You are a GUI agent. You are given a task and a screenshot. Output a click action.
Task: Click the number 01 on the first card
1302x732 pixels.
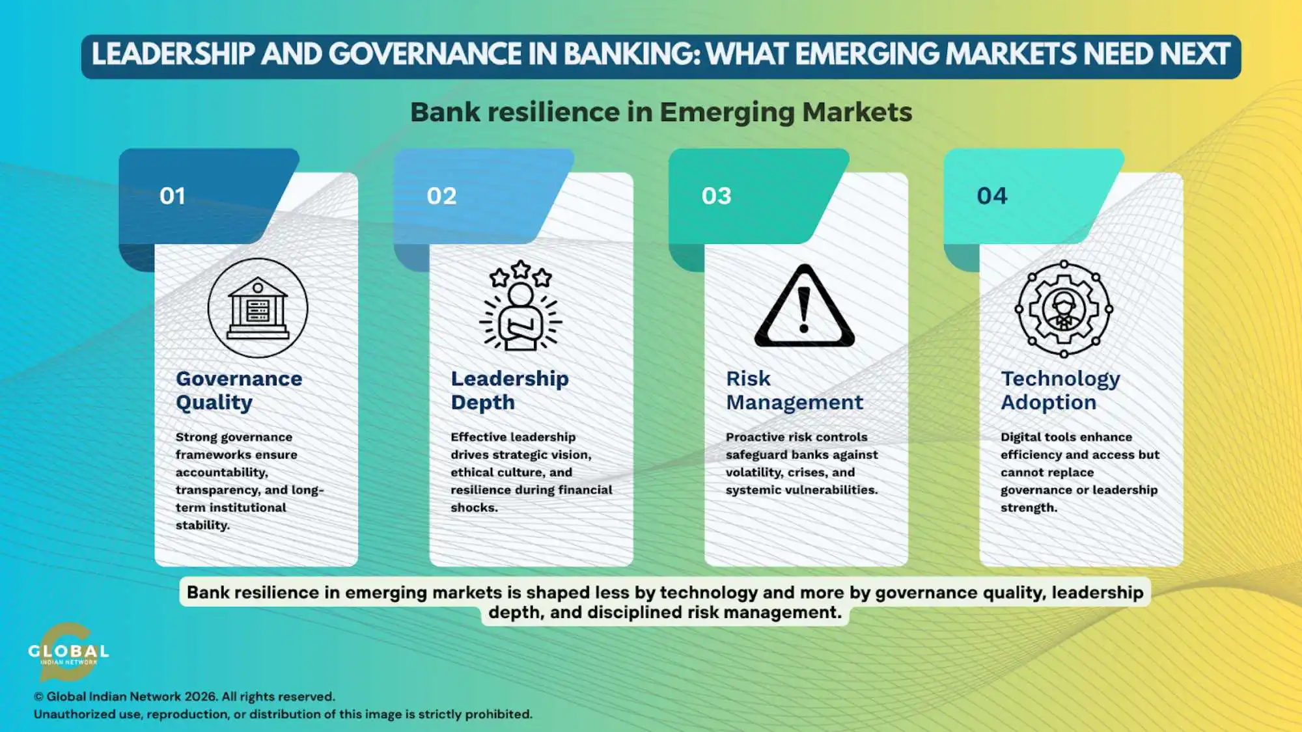click(x=173, y=196)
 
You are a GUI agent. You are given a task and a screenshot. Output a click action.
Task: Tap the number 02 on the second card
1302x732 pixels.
click(x=441, y=196)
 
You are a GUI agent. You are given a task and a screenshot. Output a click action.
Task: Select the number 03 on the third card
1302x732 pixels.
click(x=716, y=196)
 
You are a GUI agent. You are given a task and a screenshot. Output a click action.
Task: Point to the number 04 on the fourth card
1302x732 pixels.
click(x=991, y=196)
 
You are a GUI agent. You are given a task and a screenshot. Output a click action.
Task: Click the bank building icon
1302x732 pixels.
click(x=258, y=308)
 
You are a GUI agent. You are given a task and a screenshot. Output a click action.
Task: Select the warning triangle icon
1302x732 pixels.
click(x=805, y=306)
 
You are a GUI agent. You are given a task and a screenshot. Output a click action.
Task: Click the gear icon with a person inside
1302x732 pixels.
click(x=1064, y=309)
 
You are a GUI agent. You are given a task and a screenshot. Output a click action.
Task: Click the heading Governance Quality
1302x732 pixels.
click(x=239, y=390)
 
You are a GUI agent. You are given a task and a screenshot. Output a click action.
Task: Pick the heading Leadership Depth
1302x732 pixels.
click(x=510, y=390)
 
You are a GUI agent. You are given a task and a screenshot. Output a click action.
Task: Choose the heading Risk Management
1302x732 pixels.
click(x=794, y=390)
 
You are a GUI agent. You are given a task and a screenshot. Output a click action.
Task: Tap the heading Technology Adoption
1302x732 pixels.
click(x=1060, y=390)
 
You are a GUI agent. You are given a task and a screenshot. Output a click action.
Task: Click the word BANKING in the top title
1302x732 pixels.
click(x=631, y=55)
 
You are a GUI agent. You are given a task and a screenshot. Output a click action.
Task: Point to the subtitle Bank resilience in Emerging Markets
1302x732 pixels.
click(x=661, y=112)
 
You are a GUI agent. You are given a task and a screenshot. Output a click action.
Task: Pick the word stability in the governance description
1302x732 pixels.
click(x=202, y=525)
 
